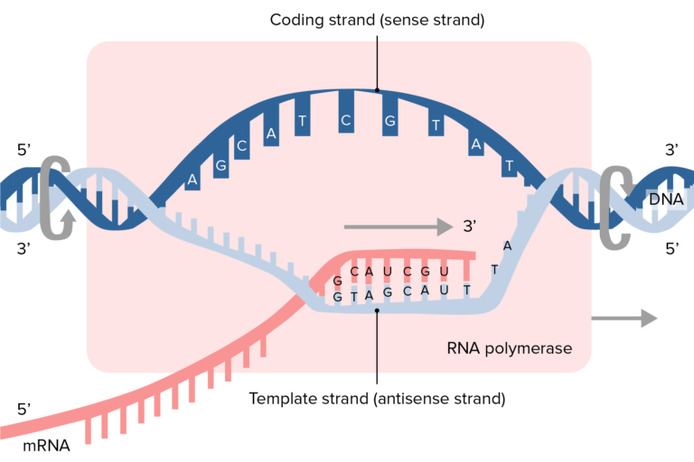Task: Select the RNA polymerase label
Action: point(510,347)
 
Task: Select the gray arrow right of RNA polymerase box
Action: point(624,318)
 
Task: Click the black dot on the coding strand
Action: point(377,90)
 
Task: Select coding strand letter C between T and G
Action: point(345,121)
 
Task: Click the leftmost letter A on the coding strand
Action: point(192,180)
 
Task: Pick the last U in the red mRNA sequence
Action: point(443,271)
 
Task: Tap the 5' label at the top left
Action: point(25,150)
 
